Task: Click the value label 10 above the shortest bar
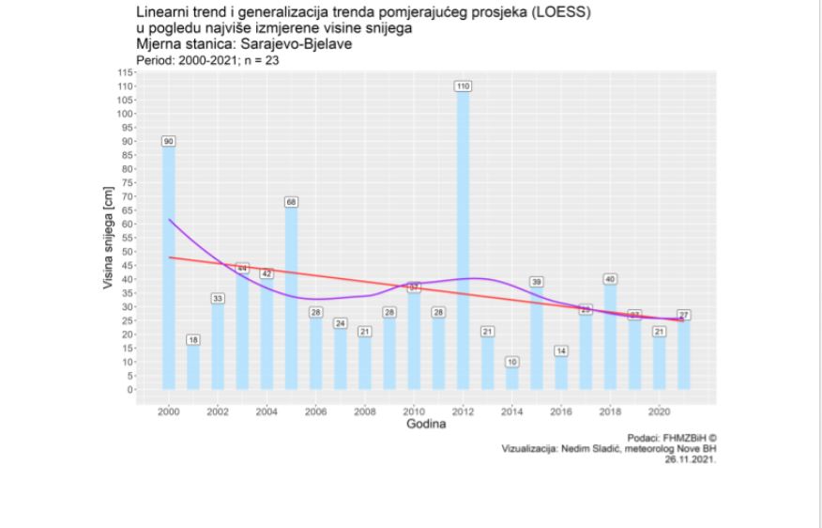pos(510,361)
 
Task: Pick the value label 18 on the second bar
pos(193,339)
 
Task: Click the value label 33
pos(218,298)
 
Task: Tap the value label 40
pos(608,279)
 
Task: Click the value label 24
pos(340,323)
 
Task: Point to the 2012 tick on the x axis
pos(462,411)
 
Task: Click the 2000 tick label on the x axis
pos(169,411)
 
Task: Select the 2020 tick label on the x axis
pos(657,411)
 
